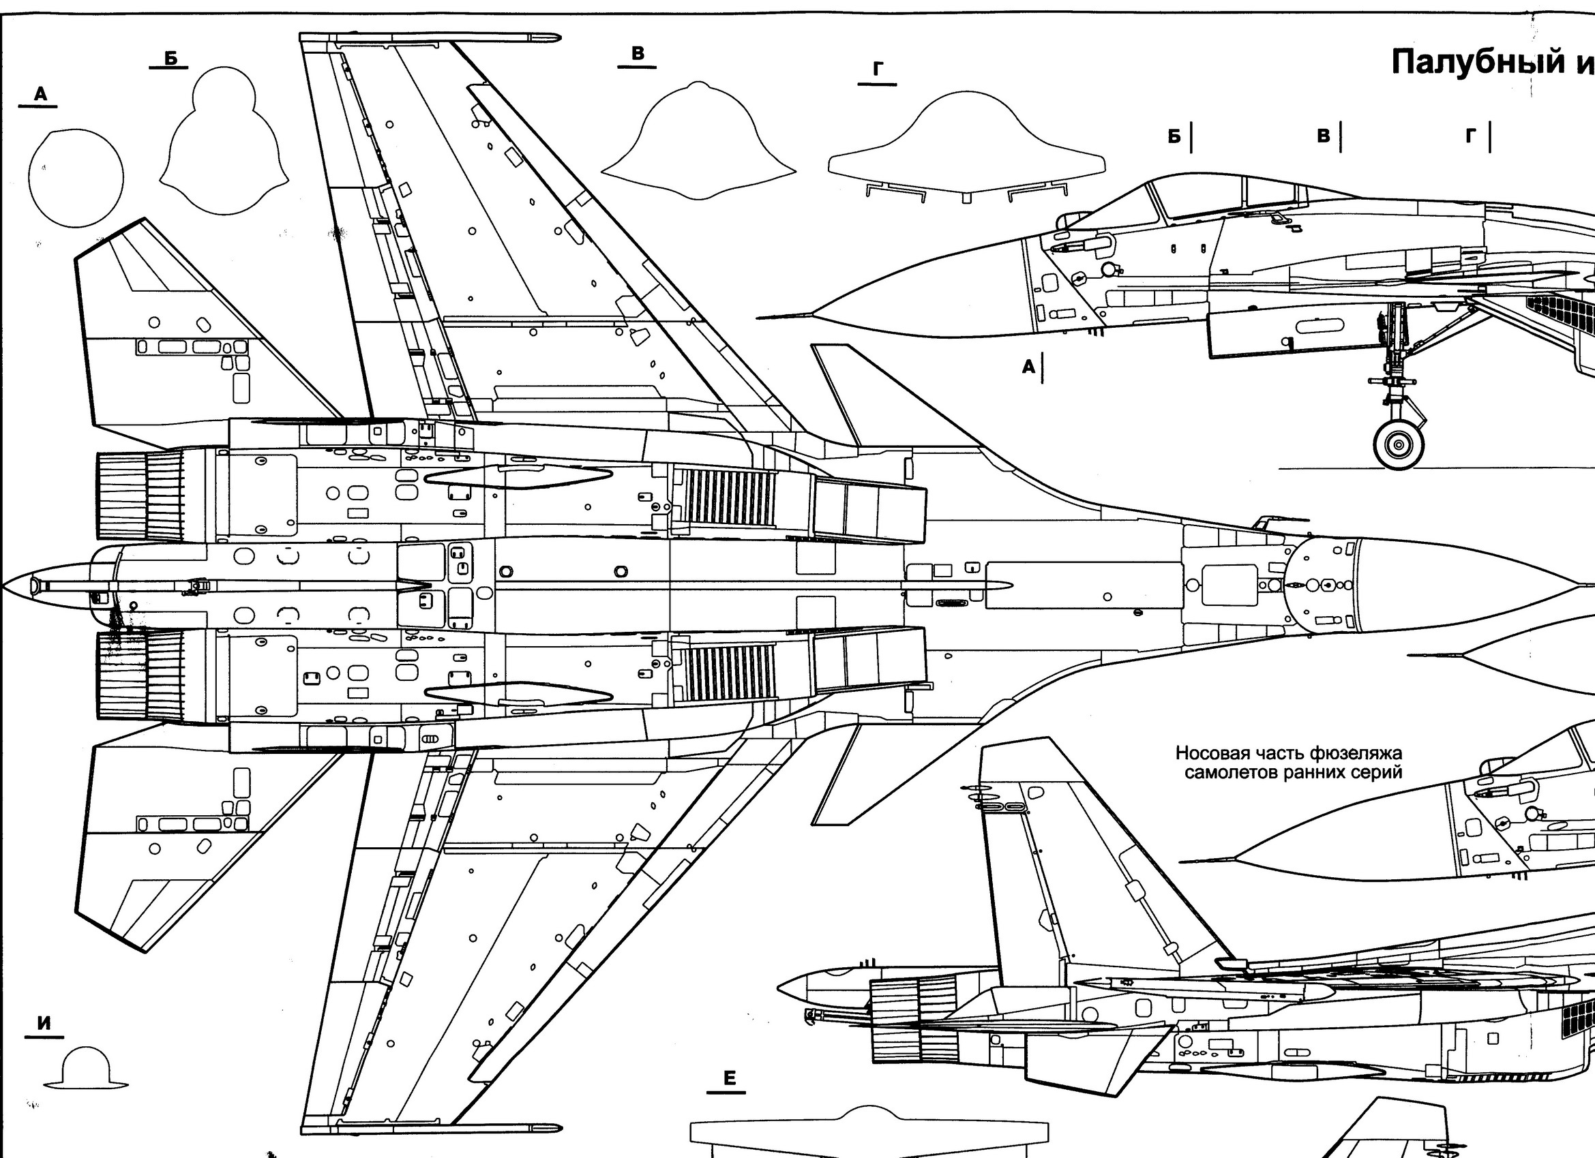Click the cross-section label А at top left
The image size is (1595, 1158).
[40, 94]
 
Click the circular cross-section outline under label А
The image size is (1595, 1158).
[76, 178]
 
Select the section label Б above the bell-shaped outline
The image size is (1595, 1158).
[170, 59]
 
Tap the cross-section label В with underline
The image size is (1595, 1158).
[637, 54]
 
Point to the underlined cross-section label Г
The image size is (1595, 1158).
[877, 70]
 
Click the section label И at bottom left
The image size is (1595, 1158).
[44, 1023]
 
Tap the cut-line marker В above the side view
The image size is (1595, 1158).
[1324, 136]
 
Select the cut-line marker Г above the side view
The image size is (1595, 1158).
[1471, 136]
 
